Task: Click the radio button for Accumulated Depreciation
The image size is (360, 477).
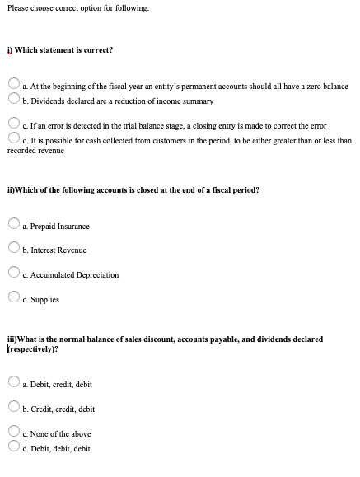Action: pos(14,274)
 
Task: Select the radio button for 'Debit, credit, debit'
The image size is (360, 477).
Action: pos(14,383)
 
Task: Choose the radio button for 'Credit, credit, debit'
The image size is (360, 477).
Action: pos(14,408)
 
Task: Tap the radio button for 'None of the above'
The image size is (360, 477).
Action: pos(14,433)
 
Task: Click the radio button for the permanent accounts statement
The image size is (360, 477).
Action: pos(14,86)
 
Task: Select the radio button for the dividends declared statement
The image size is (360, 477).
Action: pos(14,101)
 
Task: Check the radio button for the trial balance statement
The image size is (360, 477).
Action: pos(14,125)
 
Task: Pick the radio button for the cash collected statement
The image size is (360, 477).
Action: pos(14,140)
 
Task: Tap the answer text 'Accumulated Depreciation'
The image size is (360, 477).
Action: pos(73,274)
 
